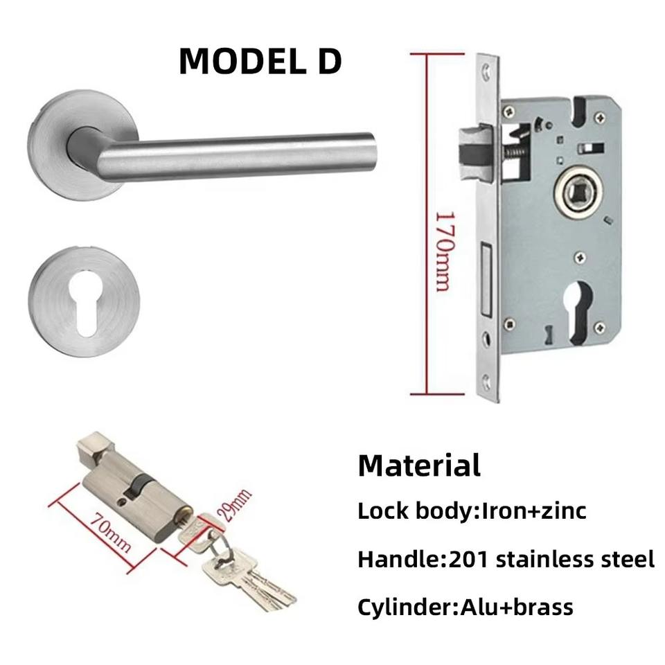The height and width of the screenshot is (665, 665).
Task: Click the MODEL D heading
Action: click(260, 61)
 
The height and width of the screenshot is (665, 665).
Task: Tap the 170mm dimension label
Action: click(443, 251)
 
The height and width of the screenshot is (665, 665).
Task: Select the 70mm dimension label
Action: click(110, 533)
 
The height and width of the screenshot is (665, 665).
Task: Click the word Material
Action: click(418, 465)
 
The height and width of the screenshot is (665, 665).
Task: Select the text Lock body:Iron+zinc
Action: click(472, 511)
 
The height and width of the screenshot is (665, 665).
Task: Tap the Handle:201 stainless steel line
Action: click(506, 559)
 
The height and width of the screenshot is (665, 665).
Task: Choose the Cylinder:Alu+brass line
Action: click(465, 608)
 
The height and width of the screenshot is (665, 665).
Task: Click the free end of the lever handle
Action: click(371, 148)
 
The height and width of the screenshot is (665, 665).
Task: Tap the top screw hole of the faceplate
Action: click(487, 70)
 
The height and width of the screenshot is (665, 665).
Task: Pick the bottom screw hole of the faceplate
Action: click(487, 380)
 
